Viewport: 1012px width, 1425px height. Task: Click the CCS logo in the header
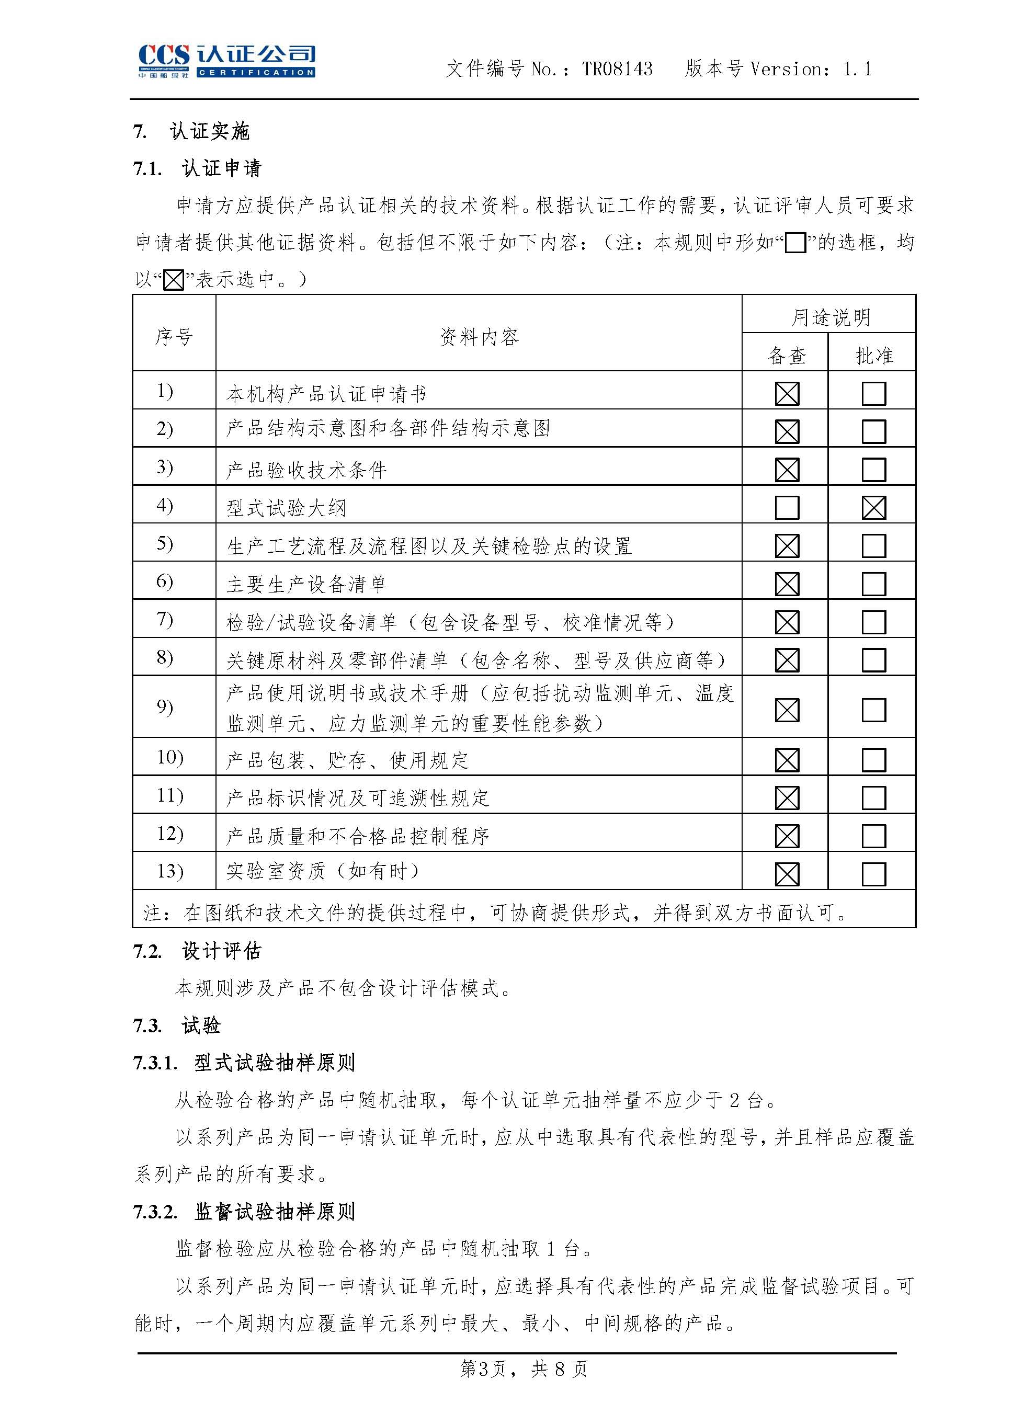coord(226,61)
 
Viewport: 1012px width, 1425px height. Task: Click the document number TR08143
coord(617,69)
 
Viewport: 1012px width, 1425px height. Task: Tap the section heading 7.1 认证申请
coord(197,168)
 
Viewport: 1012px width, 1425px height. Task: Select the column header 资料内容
coord(479,337)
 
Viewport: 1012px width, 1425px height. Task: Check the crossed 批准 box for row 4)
coord(873,508)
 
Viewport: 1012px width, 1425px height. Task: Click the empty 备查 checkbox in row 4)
coord(787,508)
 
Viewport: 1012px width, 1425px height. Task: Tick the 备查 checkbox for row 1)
coord(787,394)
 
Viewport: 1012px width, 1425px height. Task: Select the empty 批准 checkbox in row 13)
coord(873,874)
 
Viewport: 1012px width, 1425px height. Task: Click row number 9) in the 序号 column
coord(165,707)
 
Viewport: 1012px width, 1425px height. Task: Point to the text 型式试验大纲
coord(286,508)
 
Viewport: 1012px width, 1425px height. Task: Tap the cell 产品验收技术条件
coord(306,470)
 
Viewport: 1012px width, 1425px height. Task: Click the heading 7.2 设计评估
coord(197,951)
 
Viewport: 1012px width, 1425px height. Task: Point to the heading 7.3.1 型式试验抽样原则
coord(244,1063)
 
